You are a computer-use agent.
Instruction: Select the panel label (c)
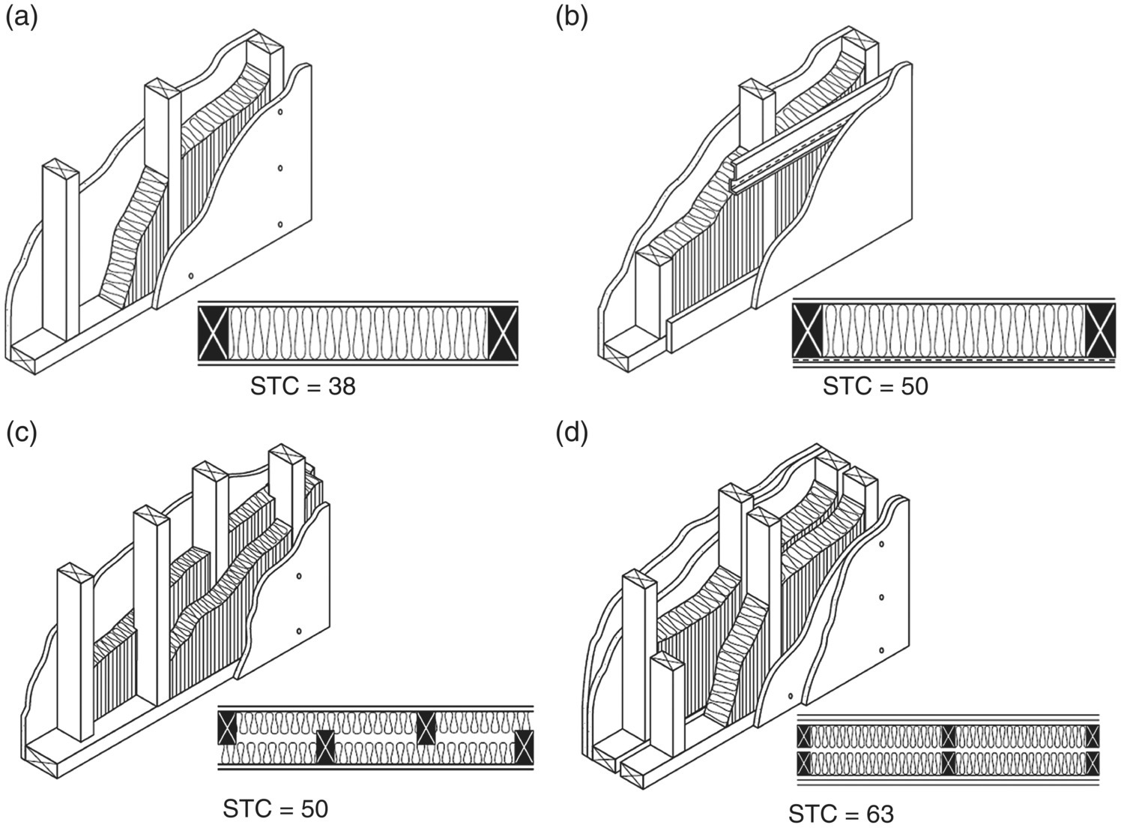pyautogui.click(x=20, y=433)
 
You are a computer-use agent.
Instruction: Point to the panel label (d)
pyautogui.click(x=572, y=433)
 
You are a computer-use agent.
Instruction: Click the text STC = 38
pyautogui.click(x=303, y=387)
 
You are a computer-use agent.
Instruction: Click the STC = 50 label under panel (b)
pyautogui.click(x=875, y=387)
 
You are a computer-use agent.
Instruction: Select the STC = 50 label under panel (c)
pyautogui.click(x=275, y=809)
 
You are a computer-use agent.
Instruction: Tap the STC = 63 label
pyautogui.click(x=841, y=814)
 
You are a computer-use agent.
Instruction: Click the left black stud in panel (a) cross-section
pyautogui.click(x=212, y=333)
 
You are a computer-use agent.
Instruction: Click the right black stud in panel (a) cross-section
pyautogui.click(x=503, y=333)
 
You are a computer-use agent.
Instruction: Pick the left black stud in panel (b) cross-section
pyautogui.click(x=808, y=331)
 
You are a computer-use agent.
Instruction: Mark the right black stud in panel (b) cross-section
pyautogui.click(x=1100, y=331)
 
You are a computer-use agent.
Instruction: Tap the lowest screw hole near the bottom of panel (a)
pyautogui.click(x=191, y=276)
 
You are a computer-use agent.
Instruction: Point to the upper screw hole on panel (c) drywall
pyautogui.click(x=298, y=576)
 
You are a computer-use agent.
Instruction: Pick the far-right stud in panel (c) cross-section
pyautogui.click(x=525, y=748)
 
